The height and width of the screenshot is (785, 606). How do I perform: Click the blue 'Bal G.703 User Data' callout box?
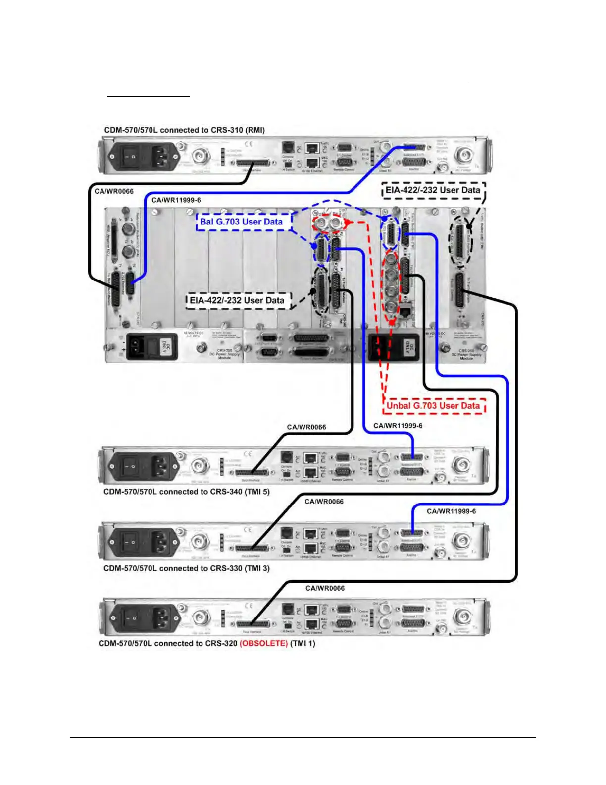point(241,222)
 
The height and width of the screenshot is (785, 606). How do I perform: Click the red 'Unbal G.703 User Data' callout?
point(433,406)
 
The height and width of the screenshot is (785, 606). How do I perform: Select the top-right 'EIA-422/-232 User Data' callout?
point(433,190)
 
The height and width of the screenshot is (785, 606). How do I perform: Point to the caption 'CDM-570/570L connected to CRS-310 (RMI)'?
point(184,130)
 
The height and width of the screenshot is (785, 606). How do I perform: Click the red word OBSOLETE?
point(263,643)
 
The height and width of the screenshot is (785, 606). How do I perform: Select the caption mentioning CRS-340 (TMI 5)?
point(186,492)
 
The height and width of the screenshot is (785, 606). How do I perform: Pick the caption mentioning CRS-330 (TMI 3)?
point(186,568)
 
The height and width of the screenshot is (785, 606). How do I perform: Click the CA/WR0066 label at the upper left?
point(114,191)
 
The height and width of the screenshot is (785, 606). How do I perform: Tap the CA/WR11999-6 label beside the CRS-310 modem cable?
point(176,200)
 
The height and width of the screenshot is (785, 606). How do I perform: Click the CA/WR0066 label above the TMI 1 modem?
point(325,588)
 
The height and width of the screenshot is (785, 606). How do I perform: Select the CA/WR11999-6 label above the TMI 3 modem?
point(451,511)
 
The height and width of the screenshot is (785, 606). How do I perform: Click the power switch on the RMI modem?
point(130,157)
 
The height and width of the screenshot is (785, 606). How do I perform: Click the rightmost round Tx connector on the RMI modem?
point(463,155)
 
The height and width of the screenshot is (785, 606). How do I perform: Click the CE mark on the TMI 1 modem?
point(249,606)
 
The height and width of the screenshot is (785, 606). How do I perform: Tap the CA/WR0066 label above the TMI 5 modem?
point(306,427)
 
